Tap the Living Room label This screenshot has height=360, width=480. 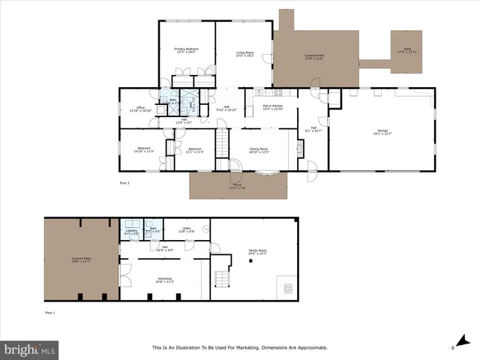(245, 53)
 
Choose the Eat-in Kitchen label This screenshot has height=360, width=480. (272, 107)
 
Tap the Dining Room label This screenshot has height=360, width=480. (259, 150)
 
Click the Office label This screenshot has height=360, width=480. (140, 109)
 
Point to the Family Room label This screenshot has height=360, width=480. (257, 252)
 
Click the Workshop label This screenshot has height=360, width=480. (165, 280)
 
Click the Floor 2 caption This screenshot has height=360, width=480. (124, 182)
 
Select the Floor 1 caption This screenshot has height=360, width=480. (49, 311)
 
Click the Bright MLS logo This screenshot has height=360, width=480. (30, 349)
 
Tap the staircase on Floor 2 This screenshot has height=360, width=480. (222, 140)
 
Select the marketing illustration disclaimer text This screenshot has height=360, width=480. (240, 347)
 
